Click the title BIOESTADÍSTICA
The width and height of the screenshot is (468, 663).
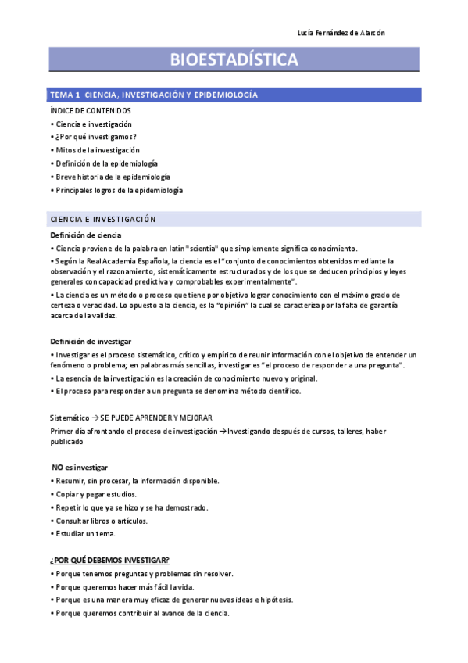pyautogui.click(x=234, y=59)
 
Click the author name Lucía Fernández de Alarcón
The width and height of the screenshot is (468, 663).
pyautogui.click(x=341, y=32)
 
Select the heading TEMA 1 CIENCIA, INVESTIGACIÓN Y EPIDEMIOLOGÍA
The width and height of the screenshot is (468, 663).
pyautogui.click(x=154, y=95)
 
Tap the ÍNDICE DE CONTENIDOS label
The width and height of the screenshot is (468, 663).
pyautogui.click(x=91, y=111)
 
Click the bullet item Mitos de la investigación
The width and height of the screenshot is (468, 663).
pyautogui.click(x=98, y=150)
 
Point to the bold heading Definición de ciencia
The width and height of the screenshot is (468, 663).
pyautogui.click(x=86, y=235)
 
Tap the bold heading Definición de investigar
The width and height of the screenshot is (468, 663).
pyautogui.click(x=91, y=342)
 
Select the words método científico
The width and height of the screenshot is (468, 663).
pyautogui.click(x=270, y=392)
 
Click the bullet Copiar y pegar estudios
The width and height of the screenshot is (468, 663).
pyautogui.click(x=96, y=494)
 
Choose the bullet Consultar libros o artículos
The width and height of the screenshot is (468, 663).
pyautogui.click(x=102, y=521)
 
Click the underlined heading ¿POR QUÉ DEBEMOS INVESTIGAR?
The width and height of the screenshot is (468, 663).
pyautogui.click(x=110, y=561)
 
